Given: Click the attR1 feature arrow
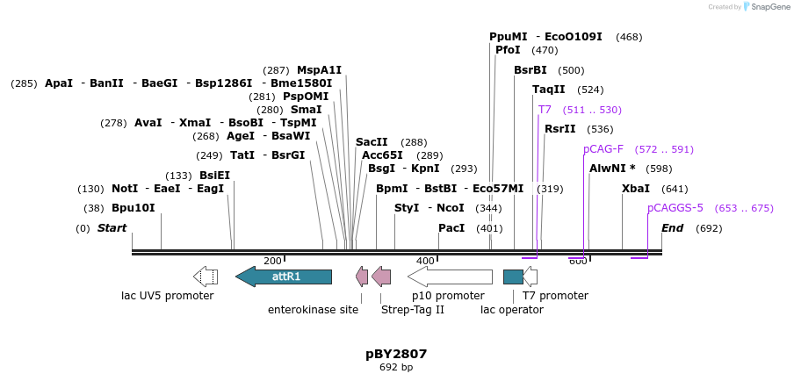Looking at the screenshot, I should tap(284, 277).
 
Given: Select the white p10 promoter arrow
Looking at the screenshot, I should tap(450, 277).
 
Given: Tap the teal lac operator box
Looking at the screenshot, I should tap(513, 277).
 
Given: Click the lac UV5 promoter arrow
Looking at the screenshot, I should tap(206, 277).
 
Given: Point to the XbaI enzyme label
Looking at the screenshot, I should tap(636, 189).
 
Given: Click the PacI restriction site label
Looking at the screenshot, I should tap(451, 228).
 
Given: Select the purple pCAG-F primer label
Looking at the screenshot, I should tap(603, 149).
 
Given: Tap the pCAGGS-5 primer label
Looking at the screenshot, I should tap(675, 208).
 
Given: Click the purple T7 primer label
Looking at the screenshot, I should tap(545, 110).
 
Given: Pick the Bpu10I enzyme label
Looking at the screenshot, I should tap(133, 208).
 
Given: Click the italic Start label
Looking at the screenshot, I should tap(112, 228).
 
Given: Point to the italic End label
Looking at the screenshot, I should tap(672, 228).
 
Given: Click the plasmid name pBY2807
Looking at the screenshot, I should tap(396, 354).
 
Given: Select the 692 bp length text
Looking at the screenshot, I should tap(396, 368).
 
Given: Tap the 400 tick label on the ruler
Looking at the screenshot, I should tap(425, 261).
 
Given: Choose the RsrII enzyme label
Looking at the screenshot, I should tap(560, 129).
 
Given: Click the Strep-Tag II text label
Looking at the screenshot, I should tap(413, 309).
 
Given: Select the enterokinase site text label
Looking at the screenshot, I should tap(313, 309).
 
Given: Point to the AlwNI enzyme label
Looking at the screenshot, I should tap(612, 169).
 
